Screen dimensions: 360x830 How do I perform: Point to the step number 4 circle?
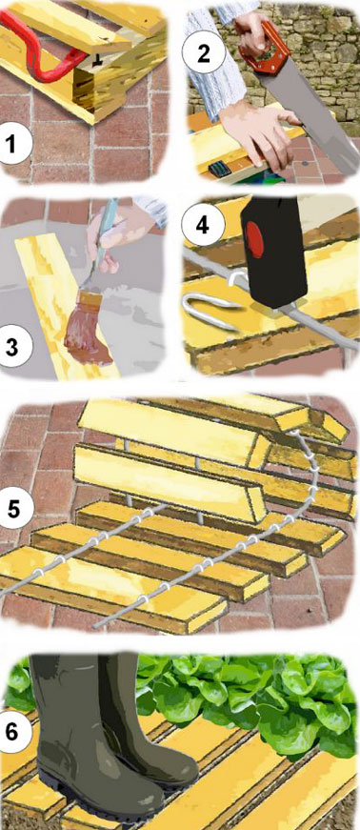point(203,225)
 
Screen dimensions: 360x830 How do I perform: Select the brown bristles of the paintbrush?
point(87,340)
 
